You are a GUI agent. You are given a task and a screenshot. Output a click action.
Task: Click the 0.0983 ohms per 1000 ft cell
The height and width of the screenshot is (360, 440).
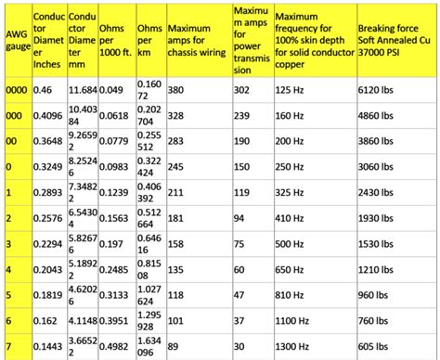pyautogui.click(x=113, y=166)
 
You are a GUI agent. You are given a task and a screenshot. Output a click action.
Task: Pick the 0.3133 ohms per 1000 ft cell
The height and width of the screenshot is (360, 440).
pyautogui.click(x=113, y=295)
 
